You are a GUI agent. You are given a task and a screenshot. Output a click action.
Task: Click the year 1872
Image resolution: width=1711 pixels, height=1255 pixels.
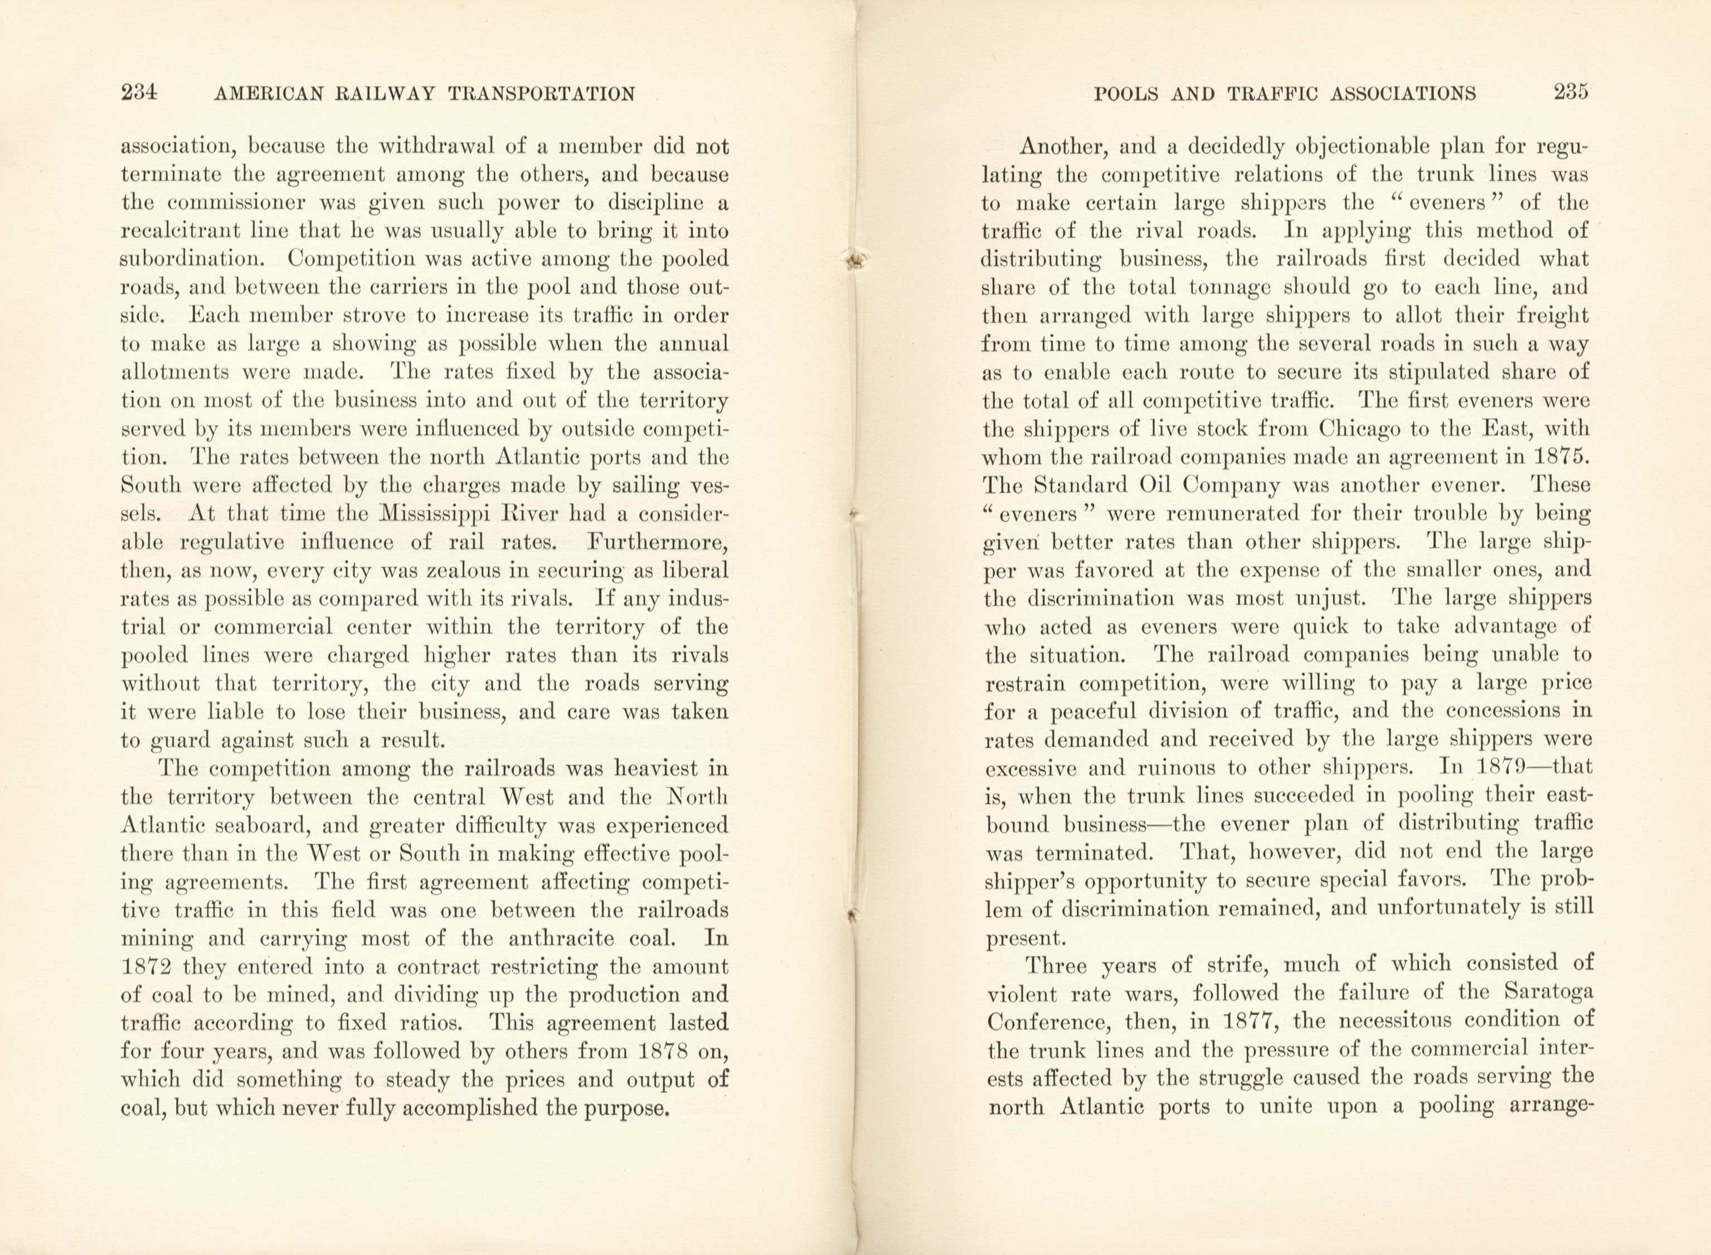(x=150, y=967)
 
